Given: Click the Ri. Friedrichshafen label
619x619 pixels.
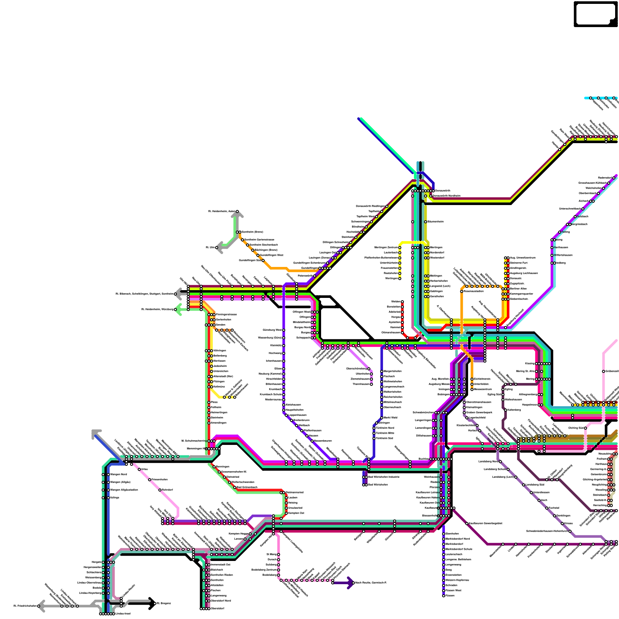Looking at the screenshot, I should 25,606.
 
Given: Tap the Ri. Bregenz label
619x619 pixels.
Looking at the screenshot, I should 163,603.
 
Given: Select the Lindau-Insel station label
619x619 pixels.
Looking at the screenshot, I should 123,614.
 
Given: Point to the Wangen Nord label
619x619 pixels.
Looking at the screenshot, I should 118,474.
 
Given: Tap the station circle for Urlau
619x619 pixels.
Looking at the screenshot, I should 139,469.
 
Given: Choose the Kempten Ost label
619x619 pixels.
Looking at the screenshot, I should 296,513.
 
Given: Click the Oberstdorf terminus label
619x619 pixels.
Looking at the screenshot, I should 217,609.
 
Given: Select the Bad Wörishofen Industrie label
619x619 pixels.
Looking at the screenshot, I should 383,477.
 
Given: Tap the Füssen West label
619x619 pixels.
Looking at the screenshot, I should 453,590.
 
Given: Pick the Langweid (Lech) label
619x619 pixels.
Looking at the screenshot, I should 440,286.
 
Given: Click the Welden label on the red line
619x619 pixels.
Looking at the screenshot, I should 395,301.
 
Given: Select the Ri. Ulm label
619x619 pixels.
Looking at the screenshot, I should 210,247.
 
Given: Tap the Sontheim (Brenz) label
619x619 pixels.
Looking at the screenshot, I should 252,232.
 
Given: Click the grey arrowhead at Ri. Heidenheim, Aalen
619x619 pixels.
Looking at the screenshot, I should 237,214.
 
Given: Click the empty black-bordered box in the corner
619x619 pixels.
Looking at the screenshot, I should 595,14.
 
